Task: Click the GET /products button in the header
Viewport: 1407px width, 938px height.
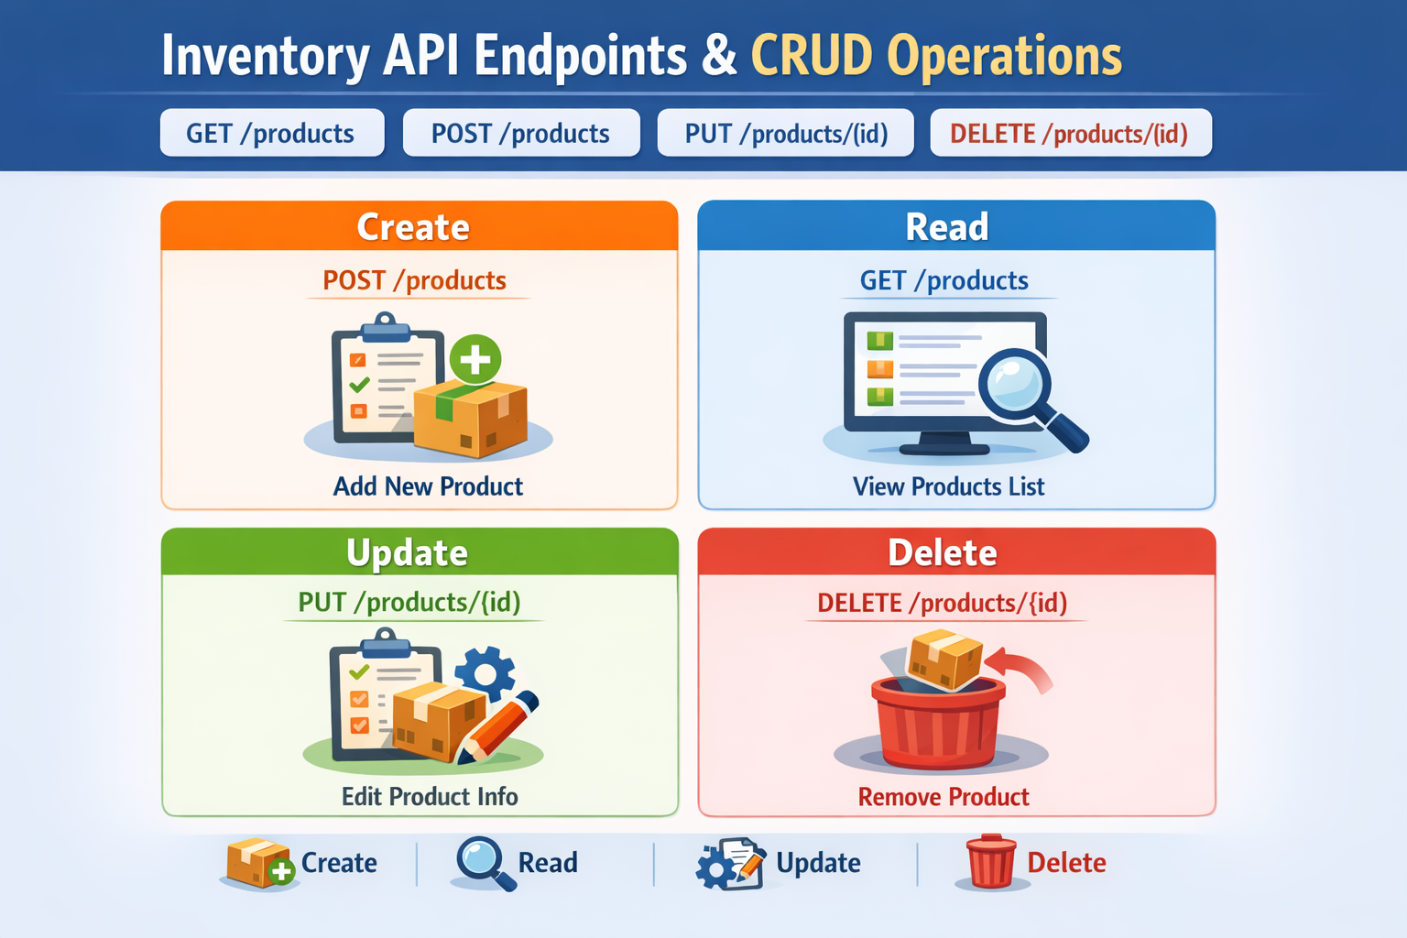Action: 271,134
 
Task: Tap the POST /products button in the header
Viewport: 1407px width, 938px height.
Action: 520,134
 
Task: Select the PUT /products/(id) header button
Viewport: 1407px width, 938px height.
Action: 786,134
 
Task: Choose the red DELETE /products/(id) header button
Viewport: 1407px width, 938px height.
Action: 1070,134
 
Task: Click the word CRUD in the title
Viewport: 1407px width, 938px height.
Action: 812,56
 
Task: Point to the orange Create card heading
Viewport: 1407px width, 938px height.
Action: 414,226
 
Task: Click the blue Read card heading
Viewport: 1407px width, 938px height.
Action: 947,226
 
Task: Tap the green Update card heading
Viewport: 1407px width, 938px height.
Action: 408,552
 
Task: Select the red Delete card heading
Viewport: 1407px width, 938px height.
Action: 943,552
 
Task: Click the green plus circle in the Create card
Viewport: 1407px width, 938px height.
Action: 474,359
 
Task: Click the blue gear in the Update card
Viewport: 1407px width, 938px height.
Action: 485,674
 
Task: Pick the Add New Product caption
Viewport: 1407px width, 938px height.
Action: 428,486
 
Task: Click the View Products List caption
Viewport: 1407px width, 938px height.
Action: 948,486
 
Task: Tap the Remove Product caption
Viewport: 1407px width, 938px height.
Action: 943,797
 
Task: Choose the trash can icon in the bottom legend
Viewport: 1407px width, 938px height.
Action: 991,862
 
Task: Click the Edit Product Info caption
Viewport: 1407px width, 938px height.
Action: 430,797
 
